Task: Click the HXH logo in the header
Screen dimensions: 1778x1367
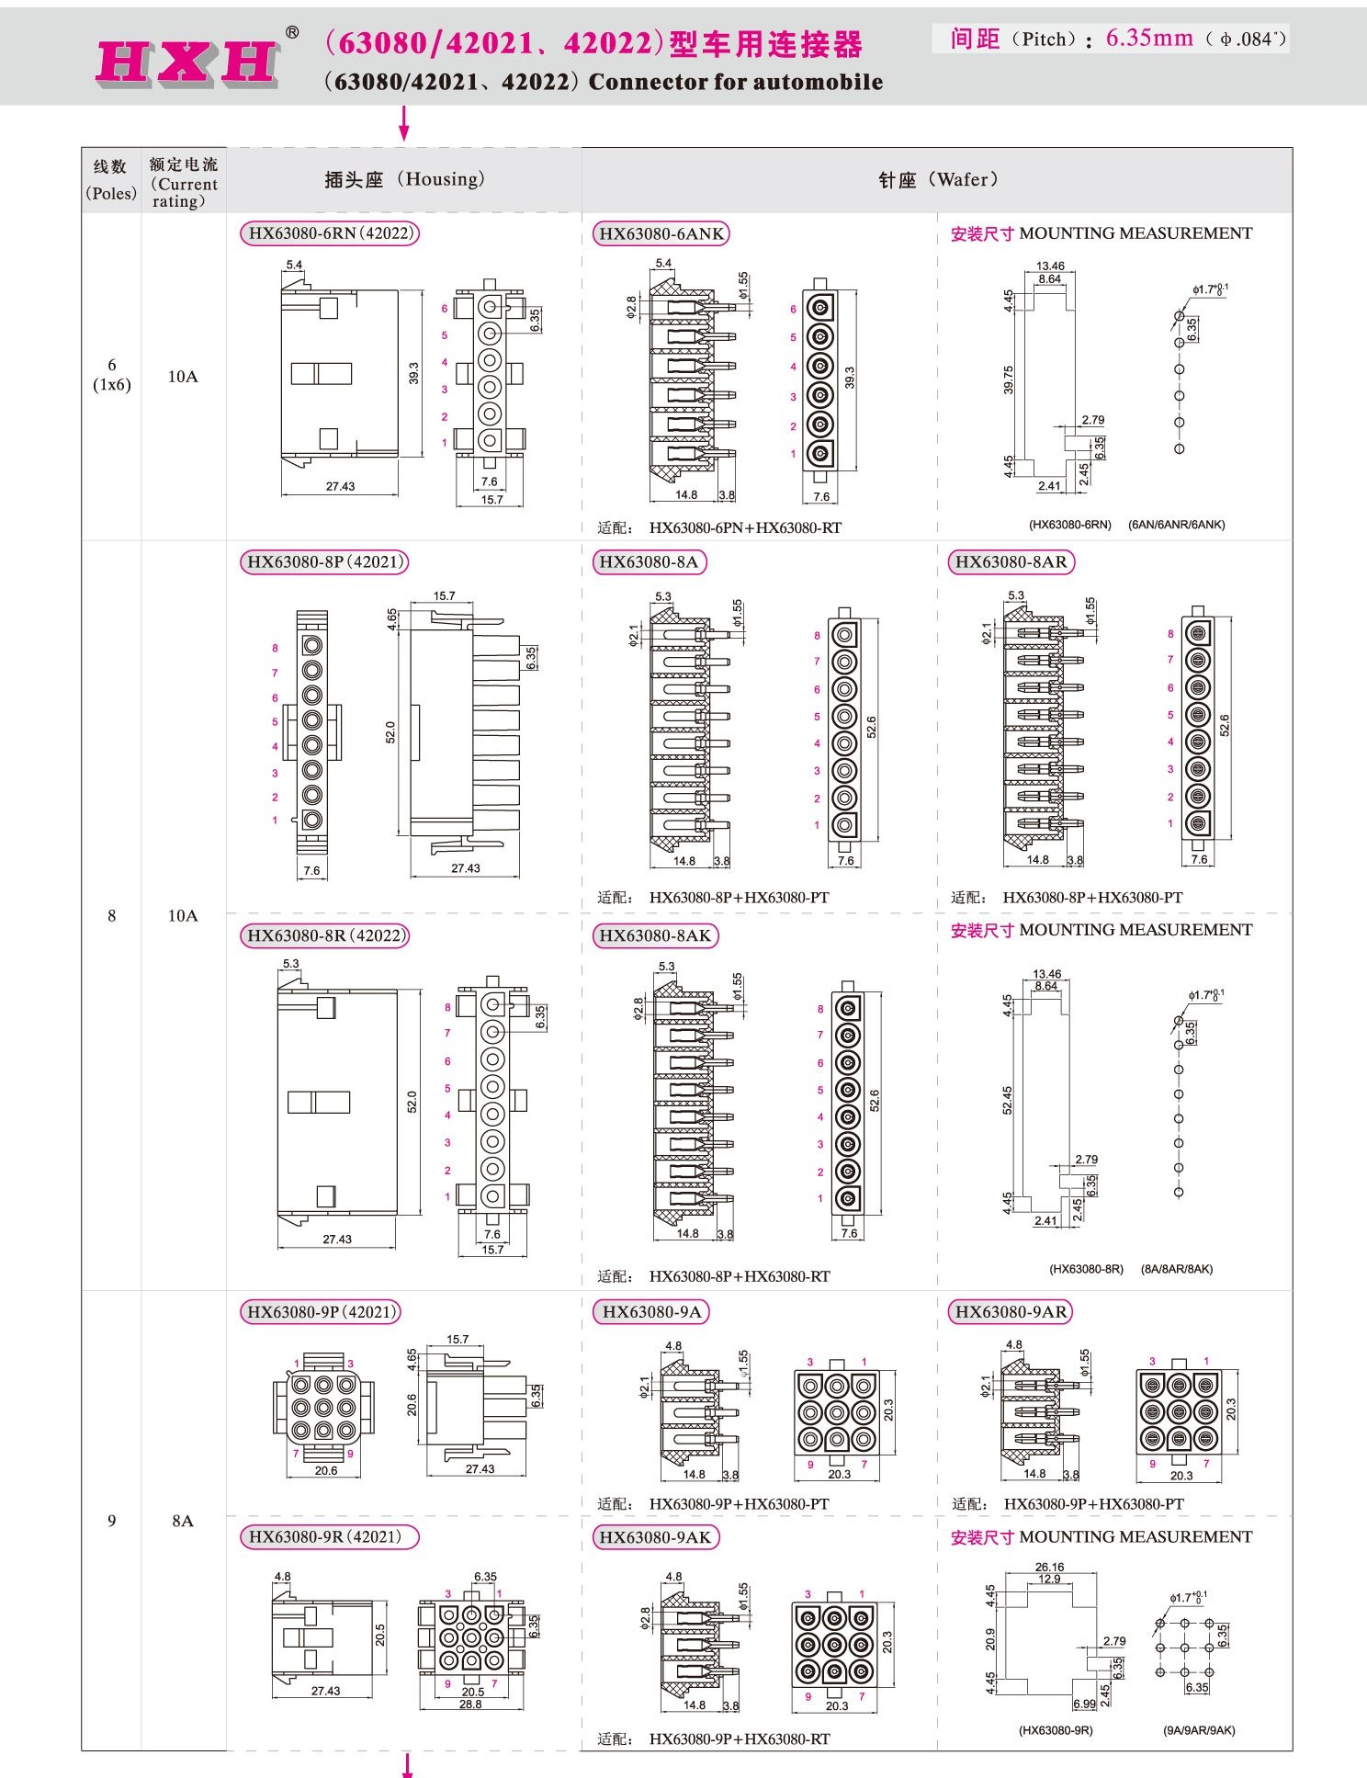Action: coord(188,62)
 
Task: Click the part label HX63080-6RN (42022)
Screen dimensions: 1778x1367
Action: coord(329,233)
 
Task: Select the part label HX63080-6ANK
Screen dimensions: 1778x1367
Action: coord(661,234)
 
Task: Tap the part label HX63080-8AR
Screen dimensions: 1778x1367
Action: coord(1011,562)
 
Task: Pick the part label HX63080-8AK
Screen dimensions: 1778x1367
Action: coord(654,936)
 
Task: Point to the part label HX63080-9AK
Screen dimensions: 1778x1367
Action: coord(654,1538)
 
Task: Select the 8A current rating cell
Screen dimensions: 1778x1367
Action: coord(183,1521)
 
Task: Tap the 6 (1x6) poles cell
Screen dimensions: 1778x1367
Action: coord(111,375)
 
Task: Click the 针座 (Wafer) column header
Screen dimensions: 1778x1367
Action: coord(937,180)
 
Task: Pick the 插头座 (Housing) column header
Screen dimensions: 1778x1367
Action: coord(404,179)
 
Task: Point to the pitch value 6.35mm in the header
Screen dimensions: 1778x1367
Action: coord(1149,39)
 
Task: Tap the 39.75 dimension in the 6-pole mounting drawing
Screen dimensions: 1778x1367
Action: coord(1009,379)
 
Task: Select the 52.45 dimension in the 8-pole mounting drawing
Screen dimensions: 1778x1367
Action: coord(1008,1101)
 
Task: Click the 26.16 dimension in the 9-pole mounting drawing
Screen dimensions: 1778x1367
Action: coord(1049,1567)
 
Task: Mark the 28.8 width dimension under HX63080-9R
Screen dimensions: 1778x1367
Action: coord(470,1704)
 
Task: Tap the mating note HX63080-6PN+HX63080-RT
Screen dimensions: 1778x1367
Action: coord(745,528)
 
